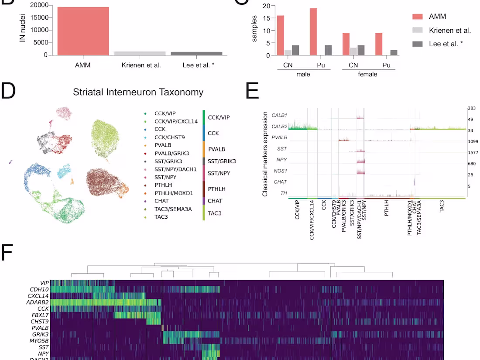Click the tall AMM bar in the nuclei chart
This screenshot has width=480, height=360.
click(83, 31)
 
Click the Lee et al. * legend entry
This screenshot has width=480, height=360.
click(445, 44)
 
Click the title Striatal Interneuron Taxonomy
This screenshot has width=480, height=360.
click(138, 92)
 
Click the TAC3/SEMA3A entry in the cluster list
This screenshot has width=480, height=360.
click(173, 209)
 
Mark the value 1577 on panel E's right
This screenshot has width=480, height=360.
click(470, 152)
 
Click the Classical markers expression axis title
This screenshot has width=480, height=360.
click(265, 153)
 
